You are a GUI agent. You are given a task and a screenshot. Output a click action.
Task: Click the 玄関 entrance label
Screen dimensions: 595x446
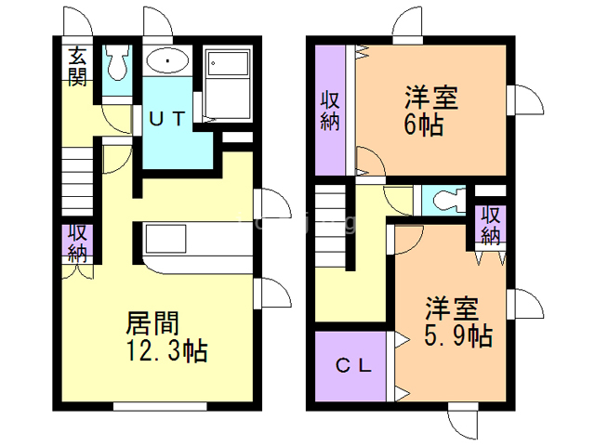77,66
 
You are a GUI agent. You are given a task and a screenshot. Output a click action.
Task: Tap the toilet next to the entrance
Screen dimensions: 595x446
117,62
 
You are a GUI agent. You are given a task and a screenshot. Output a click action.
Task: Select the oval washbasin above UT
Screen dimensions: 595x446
167,60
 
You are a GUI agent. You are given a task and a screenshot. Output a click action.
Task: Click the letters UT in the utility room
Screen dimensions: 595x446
167,119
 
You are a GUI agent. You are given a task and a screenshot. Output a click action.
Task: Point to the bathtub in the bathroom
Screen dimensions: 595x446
228,84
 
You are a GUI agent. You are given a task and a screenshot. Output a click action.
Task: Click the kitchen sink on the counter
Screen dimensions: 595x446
165,239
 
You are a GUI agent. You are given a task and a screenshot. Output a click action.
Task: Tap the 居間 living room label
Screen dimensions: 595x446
152,323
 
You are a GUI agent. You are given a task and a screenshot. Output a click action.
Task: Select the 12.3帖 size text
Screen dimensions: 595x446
166,351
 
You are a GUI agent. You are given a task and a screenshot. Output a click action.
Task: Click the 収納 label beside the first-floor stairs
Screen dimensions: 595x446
78,243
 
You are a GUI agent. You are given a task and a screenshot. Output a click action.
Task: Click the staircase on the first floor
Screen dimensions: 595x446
77,182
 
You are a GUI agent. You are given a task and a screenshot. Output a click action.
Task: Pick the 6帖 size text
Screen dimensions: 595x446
424,125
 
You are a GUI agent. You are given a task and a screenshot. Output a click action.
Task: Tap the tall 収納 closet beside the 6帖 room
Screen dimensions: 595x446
330,110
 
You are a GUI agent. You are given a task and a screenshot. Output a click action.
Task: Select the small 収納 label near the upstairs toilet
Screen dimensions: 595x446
491,226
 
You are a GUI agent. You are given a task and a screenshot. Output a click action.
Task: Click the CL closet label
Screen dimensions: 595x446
353,366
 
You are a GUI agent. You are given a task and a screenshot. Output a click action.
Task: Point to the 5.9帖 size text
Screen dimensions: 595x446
458,335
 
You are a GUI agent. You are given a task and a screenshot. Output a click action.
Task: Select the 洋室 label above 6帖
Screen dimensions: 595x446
431,98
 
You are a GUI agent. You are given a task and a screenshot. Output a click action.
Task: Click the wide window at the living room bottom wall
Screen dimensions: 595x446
160,407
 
